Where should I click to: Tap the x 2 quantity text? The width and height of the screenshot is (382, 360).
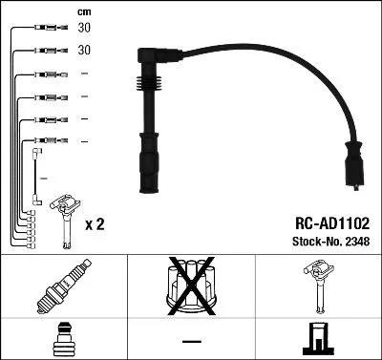click(x=95, y=225)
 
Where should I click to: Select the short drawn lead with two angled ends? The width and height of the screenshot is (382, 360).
click(x=36, y=177)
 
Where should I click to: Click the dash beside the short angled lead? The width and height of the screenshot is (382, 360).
click(x=45, y=178)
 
